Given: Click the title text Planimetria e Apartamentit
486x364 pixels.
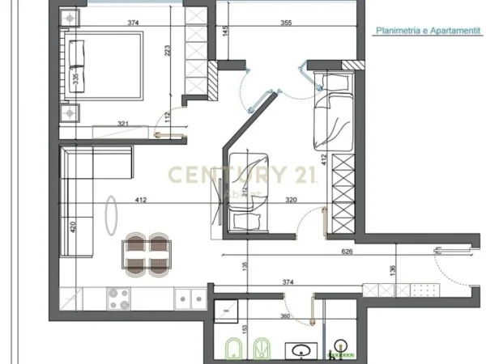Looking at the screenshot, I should [x=423, y=32].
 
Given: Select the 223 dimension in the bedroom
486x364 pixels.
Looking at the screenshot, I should [x=168, y=50].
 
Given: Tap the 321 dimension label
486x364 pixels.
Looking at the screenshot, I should [x=123, y=123].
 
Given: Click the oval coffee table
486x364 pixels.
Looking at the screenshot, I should [x=112, y=216].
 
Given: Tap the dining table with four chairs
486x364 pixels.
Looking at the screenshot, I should [x=147, y=252].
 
